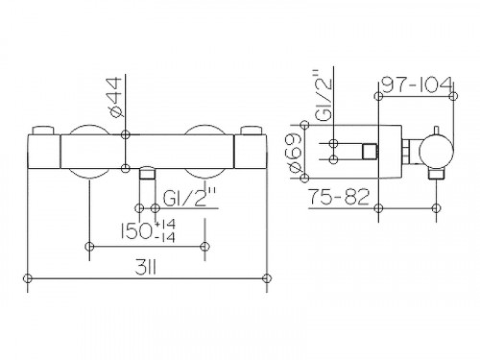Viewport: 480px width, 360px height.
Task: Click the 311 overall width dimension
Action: [145, 267]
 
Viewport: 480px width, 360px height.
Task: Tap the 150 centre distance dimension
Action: [135, 230]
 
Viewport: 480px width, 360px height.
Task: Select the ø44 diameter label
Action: [114, 97]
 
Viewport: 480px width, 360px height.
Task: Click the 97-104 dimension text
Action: [418, 84]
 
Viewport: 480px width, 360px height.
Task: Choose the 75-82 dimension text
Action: [339, 197]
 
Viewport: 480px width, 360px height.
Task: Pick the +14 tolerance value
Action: [165, 225]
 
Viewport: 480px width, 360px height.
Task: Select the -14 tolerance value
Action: [165, 237]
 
